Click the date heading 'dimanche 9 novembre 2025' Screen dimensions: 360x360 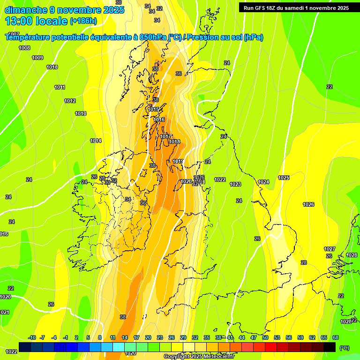pos(64,10)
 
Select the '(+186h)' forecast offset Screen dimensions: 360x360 pos(83,21)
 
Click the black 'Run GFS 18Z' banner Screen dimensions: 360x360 pos(296,7)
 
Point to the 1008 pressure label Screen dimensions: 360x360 pos(24,48)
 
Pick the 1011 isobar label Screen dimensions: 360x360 pos(60,87)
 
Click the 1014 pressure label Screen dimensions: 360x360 pos(96,141)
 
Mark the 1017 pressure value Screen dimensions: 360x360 pos(165,136)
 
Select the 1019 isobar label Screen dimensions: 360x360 pos(178,161)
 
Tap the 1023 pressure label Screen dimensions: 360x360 pos(235,184)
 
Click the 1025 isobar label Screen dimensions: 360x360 pos(284,178)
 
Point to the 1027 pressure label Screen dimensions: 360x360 pos(330,249)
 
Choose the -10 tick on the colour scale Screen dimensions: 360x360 pos(32,337)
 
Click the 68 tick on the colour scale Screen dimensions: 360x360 pos(336,337)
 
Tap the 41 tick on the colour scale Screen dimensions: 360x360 pos(230,337)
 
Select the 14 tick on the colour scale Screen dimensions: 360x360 pos(125,337)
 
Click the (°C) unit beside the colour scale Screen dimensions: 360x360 pos(344,348)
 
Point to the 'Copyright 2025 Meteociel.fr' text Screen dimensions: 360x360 pos(199,356)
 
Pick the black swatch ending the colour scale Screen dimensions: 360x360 pos(330,347)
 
